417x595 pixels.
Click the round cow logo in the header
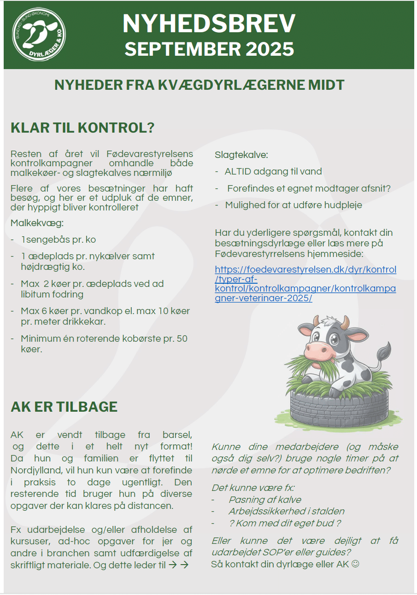click(39, 35)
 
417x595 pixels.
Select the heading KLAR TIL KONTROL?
click(82, 128)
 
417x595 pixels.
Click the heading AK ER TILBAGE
click(64, 407)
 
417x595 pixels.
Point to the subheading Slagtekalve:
click(241, 155)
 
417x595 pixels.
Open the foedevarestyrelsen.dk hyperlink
click(305, 284)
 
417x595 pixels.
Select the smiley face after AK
click(355, 564)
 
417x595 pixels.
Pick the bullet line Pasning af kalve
click(265, 500)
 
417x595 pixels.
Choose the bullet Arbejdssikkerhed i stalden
click(286, 511)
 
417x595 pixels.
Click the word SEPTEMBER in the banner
click(182, 49)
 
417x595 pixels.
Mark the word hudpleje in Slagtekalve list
click(343, 205)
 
